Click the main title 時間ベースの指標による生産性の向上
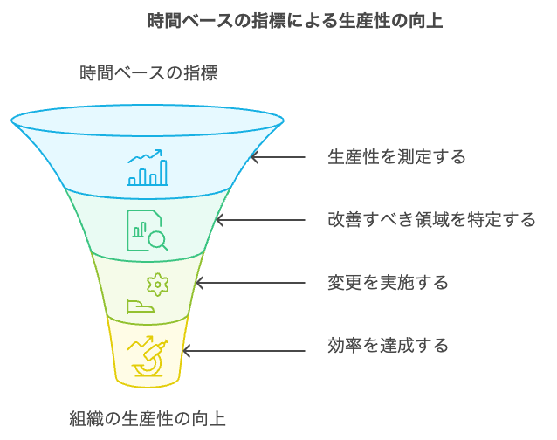pos(295,21)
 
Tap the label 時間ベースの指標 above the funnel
pos(148,73)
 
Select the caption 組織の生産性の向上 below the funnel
pos(148,418)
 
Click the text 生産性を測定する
pos(396,156)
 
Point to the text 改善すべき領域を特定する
pos(431,219)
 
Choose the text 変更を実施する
pos(388,283)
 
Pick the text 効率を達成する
pos(388,345)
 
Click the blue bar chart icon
pos(148,168)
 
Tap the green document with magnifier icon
pos(148,230)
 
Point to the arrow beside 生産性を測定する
pos(278,156)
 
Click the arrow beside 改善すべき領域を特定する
pos(260,220)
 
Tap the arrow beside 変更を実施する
pos(251,283)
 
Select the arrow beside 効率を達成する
pos(244,351)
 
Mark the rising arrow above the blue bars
pos(145,155)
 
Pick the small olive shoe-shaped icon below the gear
pos(141,306)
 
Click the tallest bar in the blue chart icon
pos(163,173)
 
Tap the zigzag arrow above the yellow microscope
pos(140,343)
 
